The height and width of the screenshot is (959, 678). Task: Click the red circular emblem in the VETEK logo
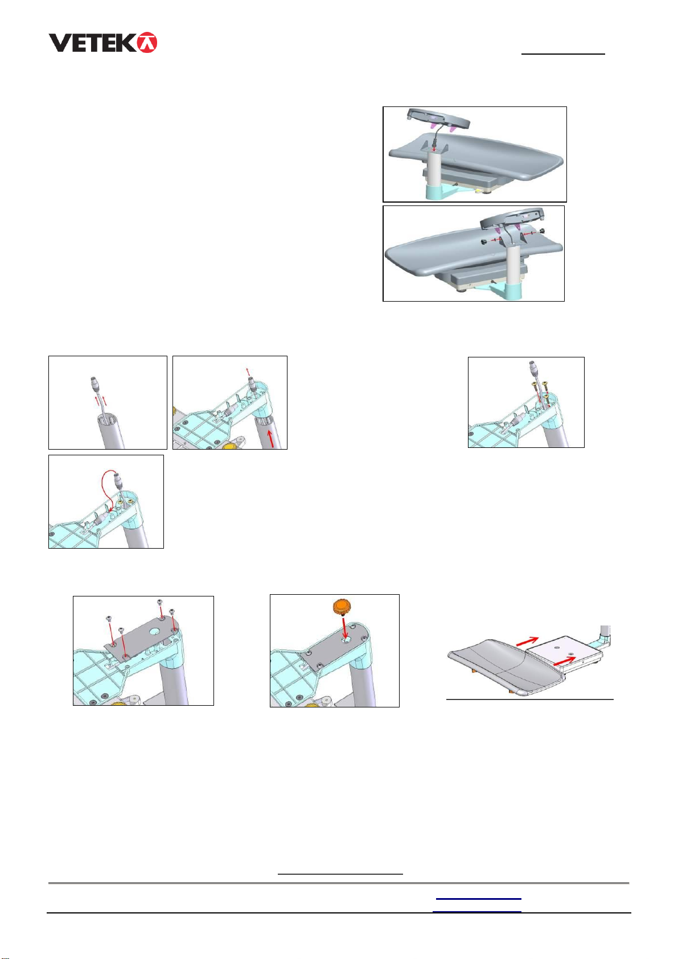coord(147,42)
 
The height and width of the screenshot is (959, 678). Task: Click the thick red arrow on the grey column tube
coord(270,439)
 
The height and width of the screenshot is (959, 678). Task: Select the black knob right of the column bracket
coord(543,231)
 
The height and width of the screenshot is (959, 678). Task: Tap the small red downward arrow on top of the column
coord(434,148)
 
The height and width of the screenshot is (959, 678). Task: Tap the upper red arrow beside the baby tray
coord(527,640)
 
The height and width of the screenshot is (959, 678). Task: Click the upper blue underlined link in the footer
coord(478,898)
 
